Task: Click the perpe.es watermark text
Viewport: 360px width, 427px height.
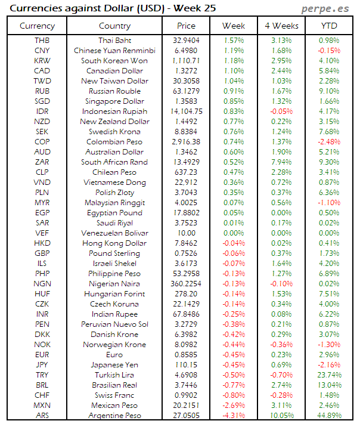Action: coord(327,9)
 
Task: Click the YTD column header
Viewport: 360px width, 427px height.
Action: coord(330,26)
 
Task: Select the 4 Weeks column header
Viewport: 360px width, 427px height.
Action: coord(281,26)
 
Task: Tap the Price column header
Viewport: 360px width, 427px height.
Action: coord(186,26)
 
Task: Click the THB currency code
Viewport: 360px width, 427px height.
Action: coord(42,40)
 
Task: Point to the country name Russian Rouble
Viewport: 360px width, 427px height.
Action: coord(114,91)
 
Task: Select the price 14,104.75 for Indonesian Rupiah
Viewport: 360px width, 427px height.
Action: coord(186,112)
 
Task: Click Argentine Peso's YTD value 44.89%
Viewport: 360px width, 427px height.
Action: coord(330,416)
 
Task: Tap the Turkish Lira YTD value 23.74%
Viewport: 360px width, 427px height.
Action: coord(330,375)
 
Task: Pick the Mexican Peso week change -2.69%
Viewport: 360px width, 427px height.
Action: coord(234,406)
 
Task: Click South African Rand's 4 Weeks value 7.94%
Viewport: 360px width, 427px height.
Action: coord(281,162)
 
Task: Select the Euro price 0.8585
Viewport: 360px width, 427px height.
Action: coord(186,355)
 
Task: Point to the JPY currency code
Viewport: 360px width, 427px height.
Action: coord(42,365)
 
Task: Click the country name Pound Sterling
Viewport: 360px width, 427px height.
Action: coord(114,253)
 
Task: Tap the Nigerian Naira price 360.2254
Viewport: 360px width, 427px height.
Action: coord(186,284)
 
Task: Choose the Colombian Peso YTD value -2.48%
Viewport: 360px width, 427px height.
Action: coord(330,142)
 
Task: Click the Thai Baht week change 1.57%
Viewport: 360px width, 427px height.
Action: coord(234,40)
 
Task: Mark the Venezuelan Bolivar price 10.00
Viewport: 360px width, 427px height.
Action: coord(186,233)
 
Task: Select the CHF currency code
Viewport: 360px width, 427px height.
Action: coord(42,395)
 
